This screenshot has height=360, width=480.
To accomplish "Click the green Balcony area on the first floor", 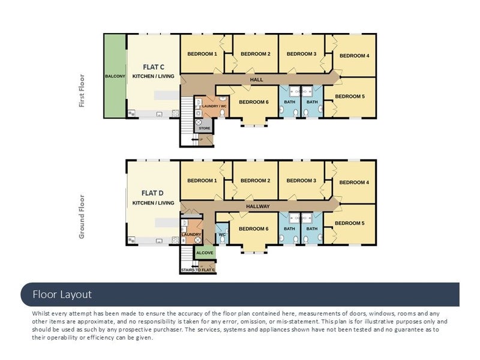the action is (115, 76).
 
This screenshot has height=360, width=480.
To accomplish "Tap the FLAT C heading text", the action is (154, 67).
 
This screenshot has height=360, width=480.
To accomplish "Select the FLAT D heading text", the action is (152, 193).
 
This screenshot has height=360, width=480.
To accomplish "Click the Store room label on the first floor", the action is (205, 128).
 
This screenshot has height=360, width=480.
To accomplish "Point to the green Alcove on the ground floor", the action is (205, 252).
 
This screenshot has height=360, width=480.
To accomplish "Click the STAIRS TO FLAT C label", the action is (198, 270).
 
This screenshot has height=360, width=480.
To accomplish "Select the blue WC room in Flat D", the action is (222, 233).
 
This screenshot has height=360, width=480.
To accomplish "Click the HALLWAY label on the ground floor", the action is (258, 206).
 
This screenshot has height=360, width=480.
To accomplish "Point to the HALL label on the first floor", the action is (257, 80).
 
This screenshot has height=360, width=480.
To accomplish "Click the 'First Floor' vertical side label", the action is (82, 91).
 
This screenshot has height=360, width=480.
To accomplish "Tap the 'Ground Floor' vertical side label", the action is (82, 217).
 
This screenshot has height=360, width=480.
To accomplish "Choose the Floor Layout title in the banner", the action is (62, 295).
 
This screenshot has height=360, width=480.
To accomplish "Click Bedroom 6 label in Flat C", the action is (254, 102).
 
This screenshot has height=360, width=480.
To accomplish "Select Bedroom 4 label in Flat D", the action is (354, 182).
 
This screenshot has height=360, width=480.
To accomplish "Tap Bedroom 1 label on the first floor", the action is (202, 54).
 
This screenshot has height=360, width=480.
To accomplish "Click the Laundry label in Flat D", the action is (191, 234).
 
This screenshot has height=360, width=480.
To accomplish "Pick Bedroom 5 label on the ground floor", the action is (350, 223).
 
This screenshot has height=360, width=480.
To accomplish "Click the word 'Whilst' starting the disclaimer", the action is (41, 313).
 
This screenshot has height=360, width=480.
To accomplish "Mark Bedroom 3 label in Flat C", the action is (302, 54).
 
